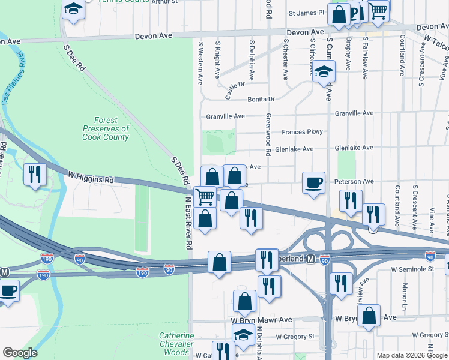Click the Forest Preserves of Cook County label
[106, 128]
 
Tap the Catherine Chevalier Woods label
[176, 344]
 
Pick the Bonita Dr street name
[261, 99]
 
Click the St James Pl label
[306, 12]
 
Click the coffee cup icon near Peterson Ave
[313, 182]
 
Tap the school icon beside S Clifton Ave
[324, 72]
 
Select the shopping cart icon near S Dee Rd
[205, 196]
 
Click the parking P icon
[355, 14]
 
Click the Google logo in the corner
[20, 353]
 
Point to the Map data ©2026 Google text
[412, 355]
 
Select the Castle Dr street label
[235, 90]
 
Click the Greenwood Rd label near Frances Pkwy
[268, 133]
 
